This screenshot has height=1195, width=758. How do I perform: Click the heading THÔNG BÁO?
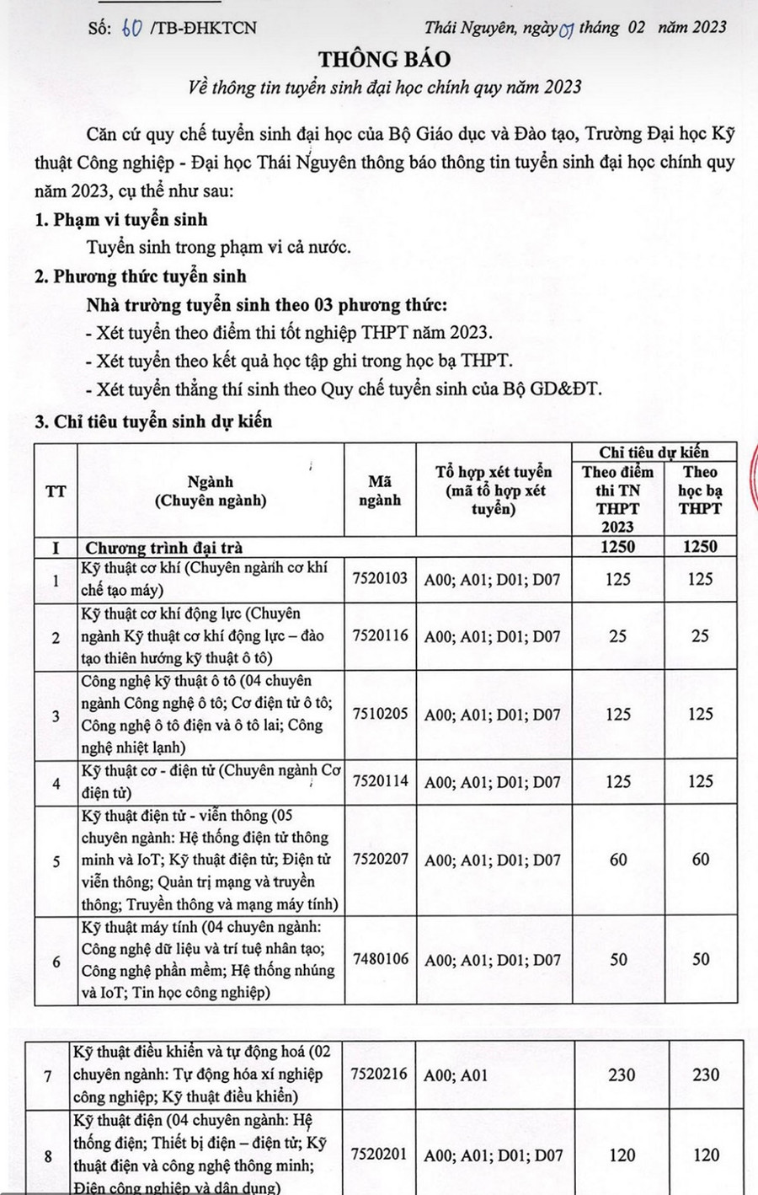(384, 59)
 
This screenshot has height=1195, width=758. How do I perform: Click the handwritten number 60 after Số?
(131, 28)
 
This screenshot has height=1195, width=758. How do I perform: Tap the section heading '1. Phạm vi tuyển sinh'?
(121, 220)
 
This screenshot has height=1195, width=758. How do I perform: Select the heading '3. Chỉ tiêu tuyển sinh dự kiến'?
(153, 421)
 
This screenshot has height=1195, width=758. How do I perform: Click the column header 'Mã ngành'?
(380, 490)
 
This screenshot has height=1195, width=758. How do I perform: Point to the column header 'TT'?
(56, 490)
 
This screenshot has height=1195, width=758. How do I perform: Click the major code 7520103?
(380, 579)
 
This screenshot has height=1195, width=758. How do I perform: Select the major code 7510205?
(380, 714)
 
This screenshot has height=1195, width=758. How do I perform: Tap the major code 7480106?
(380, 959)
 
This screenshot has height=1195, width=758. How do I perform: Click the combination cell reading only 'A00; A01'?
(456, 1075)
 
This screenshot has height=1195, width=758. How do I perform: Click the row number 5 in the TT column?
(56, 861)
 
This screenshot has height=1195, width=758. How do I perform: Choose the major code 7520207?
(380, 860)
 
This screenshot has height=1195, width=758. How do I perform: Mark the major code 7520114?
(380, 781)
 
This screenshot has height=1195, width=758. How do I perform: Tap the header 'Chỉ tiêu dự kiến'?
(654, 453)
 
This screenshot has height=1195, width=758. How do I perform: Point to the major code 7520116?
(380, 636)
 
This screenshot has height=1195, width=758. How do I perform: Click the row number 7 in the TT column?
(48, 1076)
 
